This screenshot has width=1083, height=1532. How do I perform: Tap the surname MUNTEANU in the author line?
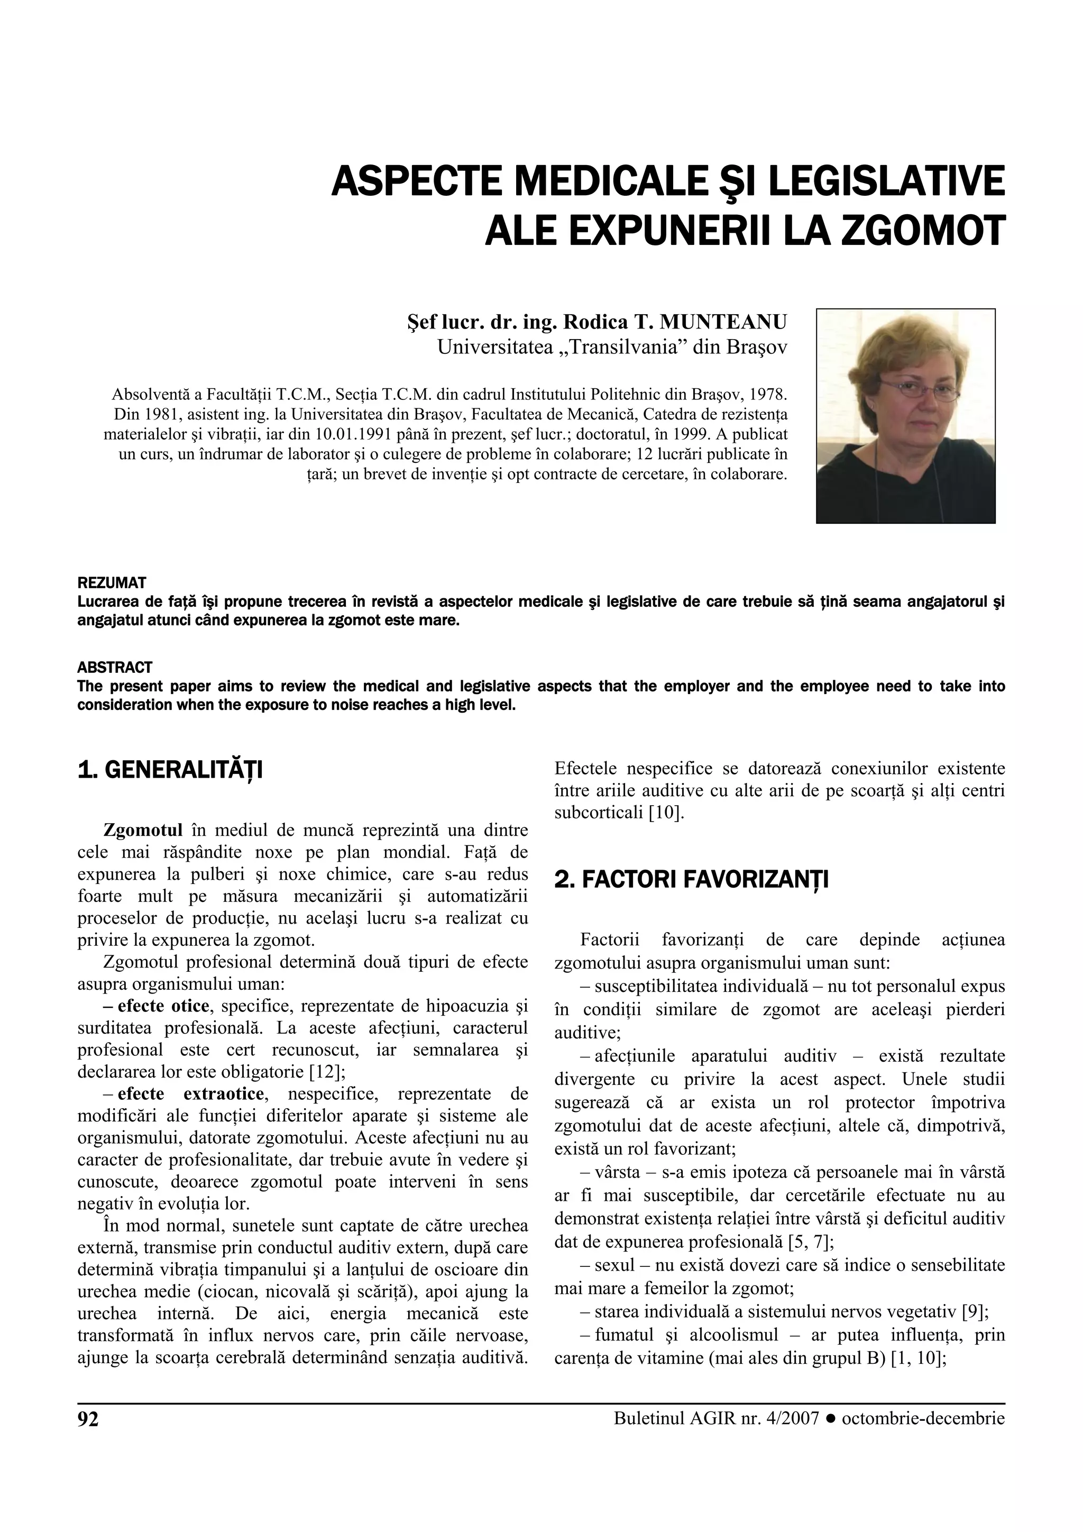click(x=723, y=322)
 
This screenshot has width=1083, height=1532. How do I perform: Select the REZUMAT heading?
click(x=112, y=583)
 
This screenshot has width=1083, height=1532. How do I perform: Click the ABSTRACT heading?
click(x=115, y=667)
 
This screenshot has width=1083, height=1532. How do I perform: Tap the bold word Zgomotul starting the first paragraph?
click(x=143, y=831)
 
